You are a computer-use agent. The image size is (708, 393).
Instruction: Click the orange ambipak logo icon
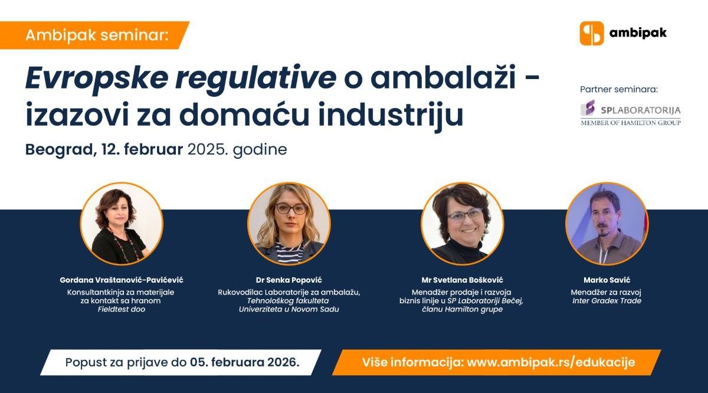coord(592,33)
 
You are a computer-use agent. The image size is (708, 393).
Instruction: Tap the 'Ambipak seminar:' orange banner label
coord(97,35)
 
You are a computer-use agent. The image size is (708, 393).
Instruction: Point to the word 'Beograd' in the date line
coord(57,149)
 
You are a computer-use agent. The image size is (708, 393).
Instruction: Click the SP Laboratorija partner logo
coord(630,112)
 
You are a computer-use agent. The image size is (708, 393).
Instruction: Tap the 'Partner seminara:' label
coord(618,90)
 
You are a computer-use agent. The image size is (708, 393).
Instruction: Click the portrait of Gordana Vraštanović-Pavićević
coord(122,223)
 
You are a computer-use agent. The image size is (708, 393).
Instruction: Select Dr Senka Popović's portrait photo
coord(289,223)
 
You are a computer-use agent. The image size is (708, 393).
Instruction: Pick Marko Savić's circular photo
coord(606,223)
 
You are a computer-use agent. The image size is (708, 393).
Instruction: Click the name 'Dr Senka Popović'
coord(289,280)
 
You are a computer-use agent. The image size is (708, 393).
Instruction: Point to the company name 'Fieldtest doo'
coord(122,309)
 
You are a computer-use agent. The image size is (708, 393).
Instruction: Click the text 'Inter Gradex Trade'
coord(606,301)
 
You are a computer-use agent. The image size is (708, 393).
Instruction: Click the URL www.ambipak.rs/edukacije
coord(551,362)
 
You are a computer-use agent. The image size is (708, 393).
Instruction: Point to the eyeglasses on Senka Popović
coord(290,209)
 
